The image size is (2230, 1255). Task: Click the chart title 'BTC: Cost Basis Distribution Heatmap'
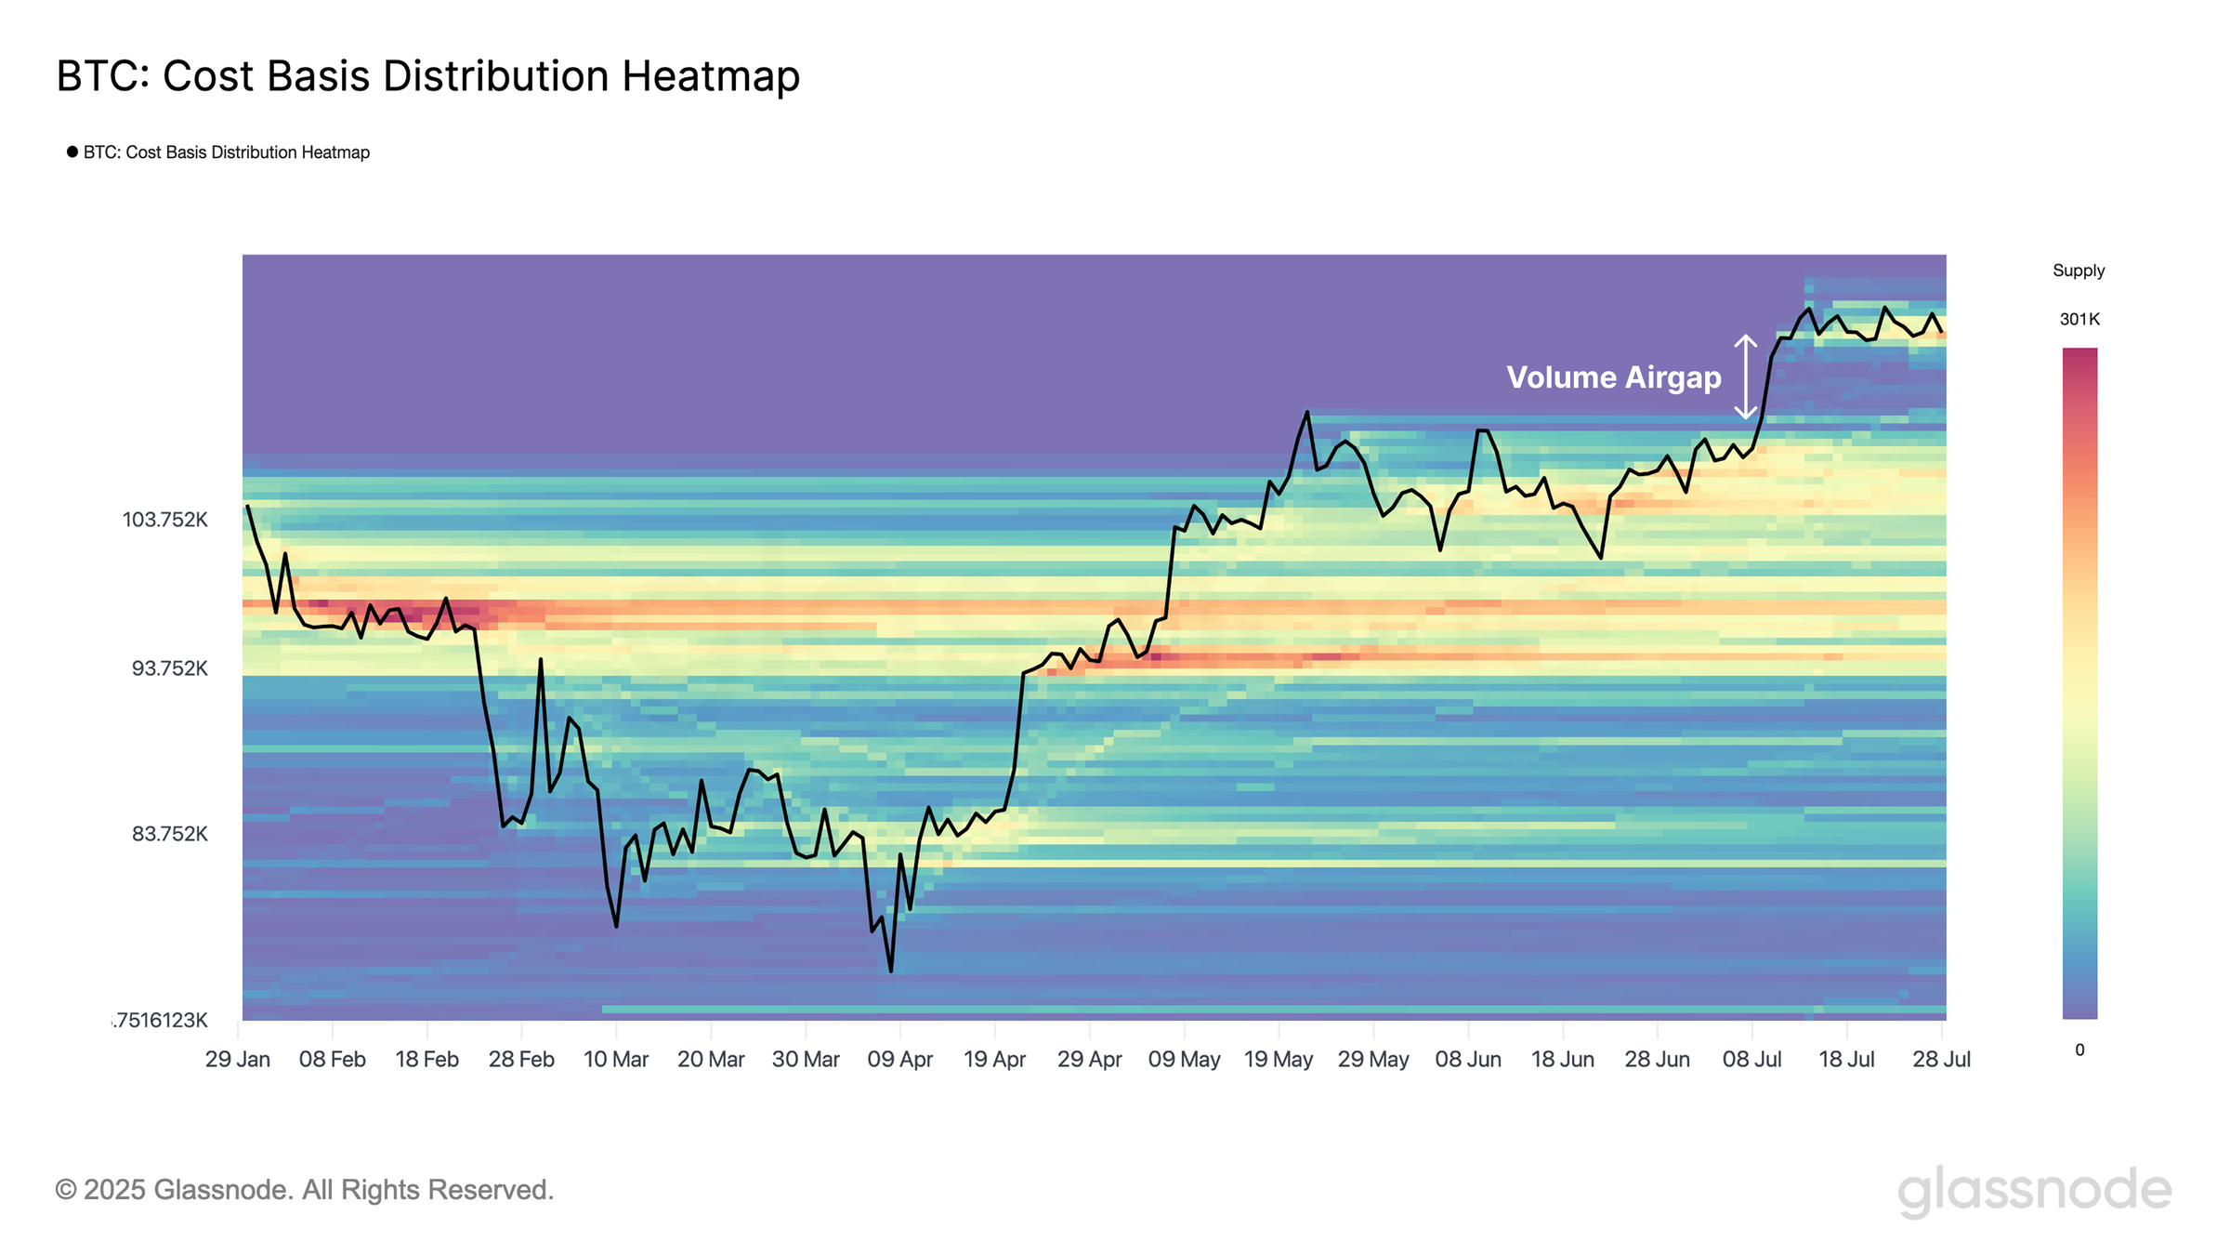click(427, 76)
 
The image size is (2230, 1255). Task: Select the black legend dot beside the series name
click(72, 152)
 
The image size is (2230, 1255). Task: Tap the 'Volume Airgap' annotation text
click(1613, 377)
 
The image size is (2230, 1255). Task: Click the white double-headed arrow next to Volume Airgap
click(1745, 376)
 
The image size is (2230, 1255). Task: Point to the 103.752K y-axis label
click(165, 520)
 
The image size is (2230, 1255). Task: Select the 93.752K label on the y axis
click(169, 668)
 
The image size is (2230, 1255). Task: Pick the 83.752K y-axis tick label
click(169, 834)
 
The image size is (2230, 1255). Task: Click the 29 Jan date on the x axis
click(238, 1060)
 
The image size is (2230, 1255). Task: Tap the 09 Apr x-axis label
click(899, 1060)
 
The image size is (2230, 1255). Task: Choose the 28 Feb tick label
click(521, 1060)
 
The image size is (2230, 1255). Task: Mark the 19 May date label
click(1279, 1060)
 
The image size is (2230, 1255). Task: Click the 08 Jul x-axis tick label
click(1751, 1060)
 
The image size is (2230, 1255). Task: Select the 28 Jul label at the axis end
click(1941, 1060)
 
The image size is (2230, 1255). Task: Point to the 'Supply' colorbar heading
click(2079, 271)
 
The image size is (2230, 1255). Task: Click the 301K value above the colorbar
click(2079, 320)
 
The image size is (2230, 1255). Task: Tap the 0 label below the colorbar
click(2079, 1050)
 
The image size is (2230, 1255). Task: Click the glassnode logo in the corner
click(2034, 1191)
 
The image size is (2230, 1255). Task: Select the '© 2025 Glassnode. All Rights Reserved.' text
click(305, 1190)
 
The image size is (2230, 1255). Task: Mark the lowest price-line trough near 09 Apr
click(891, 971)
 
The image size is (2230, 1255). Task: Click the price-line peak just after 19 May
click(1307, 412)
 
